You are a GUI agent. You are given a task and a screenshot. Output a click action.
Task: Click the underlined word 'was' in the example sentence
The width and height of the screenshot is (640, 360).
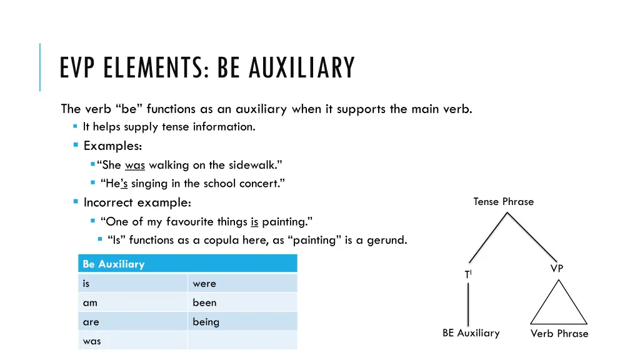134,165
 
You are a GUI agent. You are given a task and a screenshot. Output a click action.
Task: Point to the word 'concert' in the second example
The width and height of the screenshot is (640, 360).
263,184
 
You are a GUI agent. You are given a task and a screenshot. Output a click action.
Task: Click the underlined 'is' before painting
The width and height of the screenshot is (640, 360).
254,221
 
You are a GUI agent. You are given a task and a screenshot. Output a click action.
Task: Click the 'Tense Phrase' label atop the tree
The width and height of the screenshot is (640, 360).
503,201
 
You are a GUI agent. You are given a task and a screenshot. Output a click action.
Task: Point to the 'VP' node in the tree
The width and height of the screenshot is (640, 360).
557,268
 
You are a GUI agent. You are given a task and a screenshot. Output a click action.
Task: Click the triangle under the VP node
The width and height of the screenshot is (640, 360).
558,306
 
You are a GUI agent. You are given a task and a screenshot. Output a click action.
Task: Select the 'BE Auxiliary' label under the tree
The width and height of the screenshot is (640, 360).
471,333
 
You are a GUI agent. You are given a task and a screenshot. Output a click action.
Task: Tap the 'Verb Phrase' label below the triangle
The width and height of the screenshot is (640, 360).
559,334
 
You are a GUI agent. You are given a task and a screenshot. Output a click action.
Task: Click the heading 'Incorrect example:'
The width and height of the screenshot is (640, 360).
137,202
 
